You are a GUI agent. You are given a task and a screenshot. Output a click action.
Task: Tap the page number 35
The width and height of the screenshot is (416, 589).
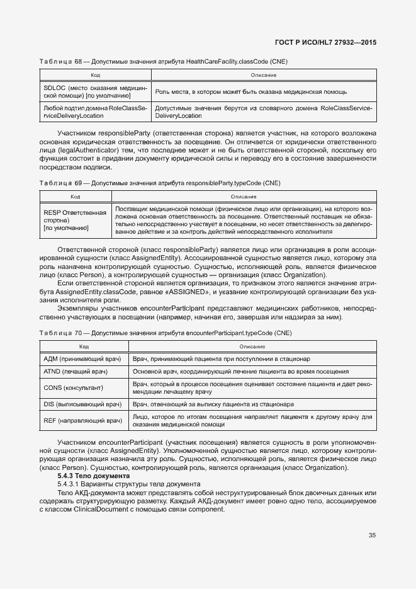click(x=372, y=535)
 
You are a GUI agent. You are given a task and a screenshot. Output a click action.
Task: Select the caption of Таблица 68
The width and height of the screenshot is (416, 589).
click(x=164, y=61)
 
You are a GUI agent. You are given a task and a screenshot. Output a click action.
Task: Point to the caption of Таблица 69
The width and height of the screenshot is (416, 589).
click(x=160, y=183)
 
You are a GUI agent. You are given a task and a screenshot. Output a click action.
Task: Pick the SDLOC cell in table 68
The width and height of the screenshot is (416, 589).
click(x=94, y=92)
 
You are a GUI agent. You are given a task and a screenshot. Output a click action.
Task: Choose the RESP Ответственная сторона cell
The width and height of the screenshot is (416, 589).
click(x=75, y=220)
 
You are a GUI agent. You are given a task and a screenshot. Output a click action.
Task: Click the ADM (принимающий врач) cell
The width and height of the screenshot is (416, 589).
click(x=82, y=358)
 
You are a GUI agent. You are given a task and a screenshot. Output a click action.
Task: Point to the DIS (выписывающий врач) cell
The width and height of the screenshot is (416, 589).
click(x=82, y=404)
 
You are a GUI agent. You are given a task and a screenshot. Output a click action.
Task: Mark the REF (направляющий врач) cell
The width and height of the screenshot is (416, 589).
click(x=82, y=420)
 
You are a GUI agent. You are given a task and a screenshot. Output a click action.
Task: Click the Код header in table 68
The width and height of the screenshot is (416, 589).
click(x=94, y=76)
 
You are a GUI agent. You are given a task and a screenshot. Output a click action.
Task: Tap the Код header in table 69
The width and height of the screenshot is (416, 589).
click(x=75, y=197)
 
